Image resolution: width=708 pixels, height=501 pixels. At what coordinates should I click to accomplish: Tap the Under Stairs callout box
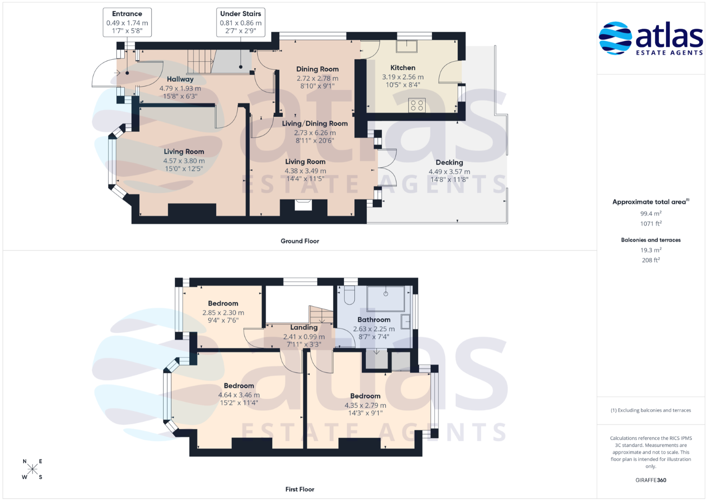(241, 22)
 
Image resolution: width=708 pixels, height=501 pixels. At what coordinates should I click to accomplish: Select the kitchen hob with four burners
(416, 105)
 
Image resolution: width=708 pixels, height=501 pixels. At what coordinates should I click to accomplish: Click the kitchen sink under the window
(407, 46)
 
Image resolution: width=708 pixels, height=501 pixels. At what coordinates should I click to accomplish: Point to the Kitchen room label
(402, 68)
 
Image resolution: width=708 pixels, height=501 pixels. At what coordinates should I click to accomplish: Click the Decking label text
(449, 162)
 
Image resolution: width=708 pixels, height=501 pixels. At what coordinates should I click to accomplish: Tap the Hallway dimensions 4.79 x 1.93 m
(180, 89)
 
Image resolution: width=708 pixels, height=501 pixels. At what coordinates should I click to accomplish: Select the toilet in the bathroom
(349, 295)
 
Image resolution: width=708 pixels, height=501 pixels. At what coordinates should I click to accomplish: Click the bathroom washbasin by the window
(406, 321)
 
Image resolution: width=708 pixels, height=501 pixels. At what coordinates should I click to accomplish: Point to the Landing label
(304, 328)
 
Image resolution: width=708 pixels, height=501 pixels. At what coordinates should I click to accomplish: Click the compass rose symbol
(32, 469)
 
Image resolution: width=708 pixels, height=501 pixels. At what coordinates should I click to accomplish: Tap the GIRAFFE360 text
(651, 480)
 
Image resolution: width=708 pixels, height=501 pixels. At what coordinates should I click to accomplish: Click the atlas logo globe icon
(615, 38)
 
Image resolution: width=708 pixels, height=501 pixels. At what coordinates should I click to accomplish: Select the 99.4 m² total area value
(651, 213)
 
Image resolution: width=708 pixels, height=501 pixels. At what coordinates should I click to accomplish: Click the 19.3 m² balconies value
(651, 250)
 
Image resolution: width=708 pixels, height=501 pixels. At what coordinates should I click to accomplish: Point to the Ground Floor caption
(300, 241)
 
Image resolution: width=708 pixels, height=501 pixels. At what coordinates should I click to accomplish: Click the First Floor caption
(300, 489)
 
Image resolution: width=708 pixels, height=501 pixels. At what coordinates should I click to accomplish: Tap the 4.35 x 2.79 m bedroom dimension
(365, 405)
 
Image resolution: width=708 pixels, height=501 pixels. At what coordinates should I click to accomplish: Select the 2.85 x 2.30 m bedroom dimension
(223, 313)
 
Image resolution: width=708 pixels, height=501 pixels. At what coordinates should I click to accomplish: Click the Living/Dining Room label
(315, 124)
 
